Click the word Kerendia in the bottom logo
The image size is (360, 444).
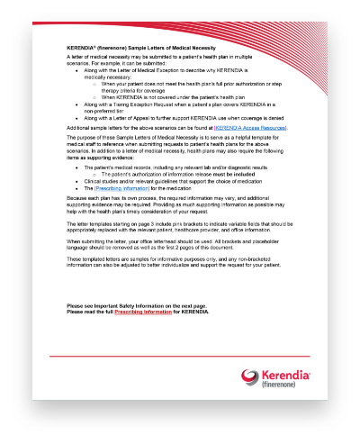[285, 375]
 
